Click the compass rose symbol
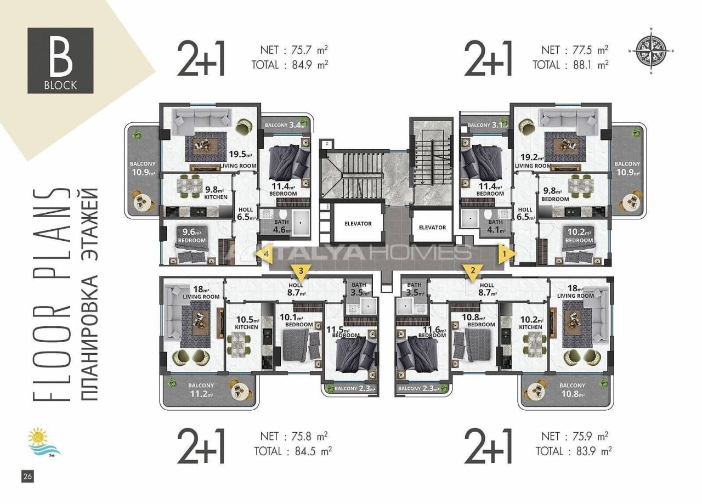(650, 50)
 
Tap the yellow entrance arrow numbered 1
(505, 254)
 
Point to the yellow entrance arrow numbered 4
(265, 254)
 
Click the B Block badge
(61, 60)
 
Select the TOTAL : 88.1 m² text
(570, 65)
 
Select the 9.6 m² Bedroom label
(191, 236)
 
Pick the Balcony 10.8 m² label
(573, 390)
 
